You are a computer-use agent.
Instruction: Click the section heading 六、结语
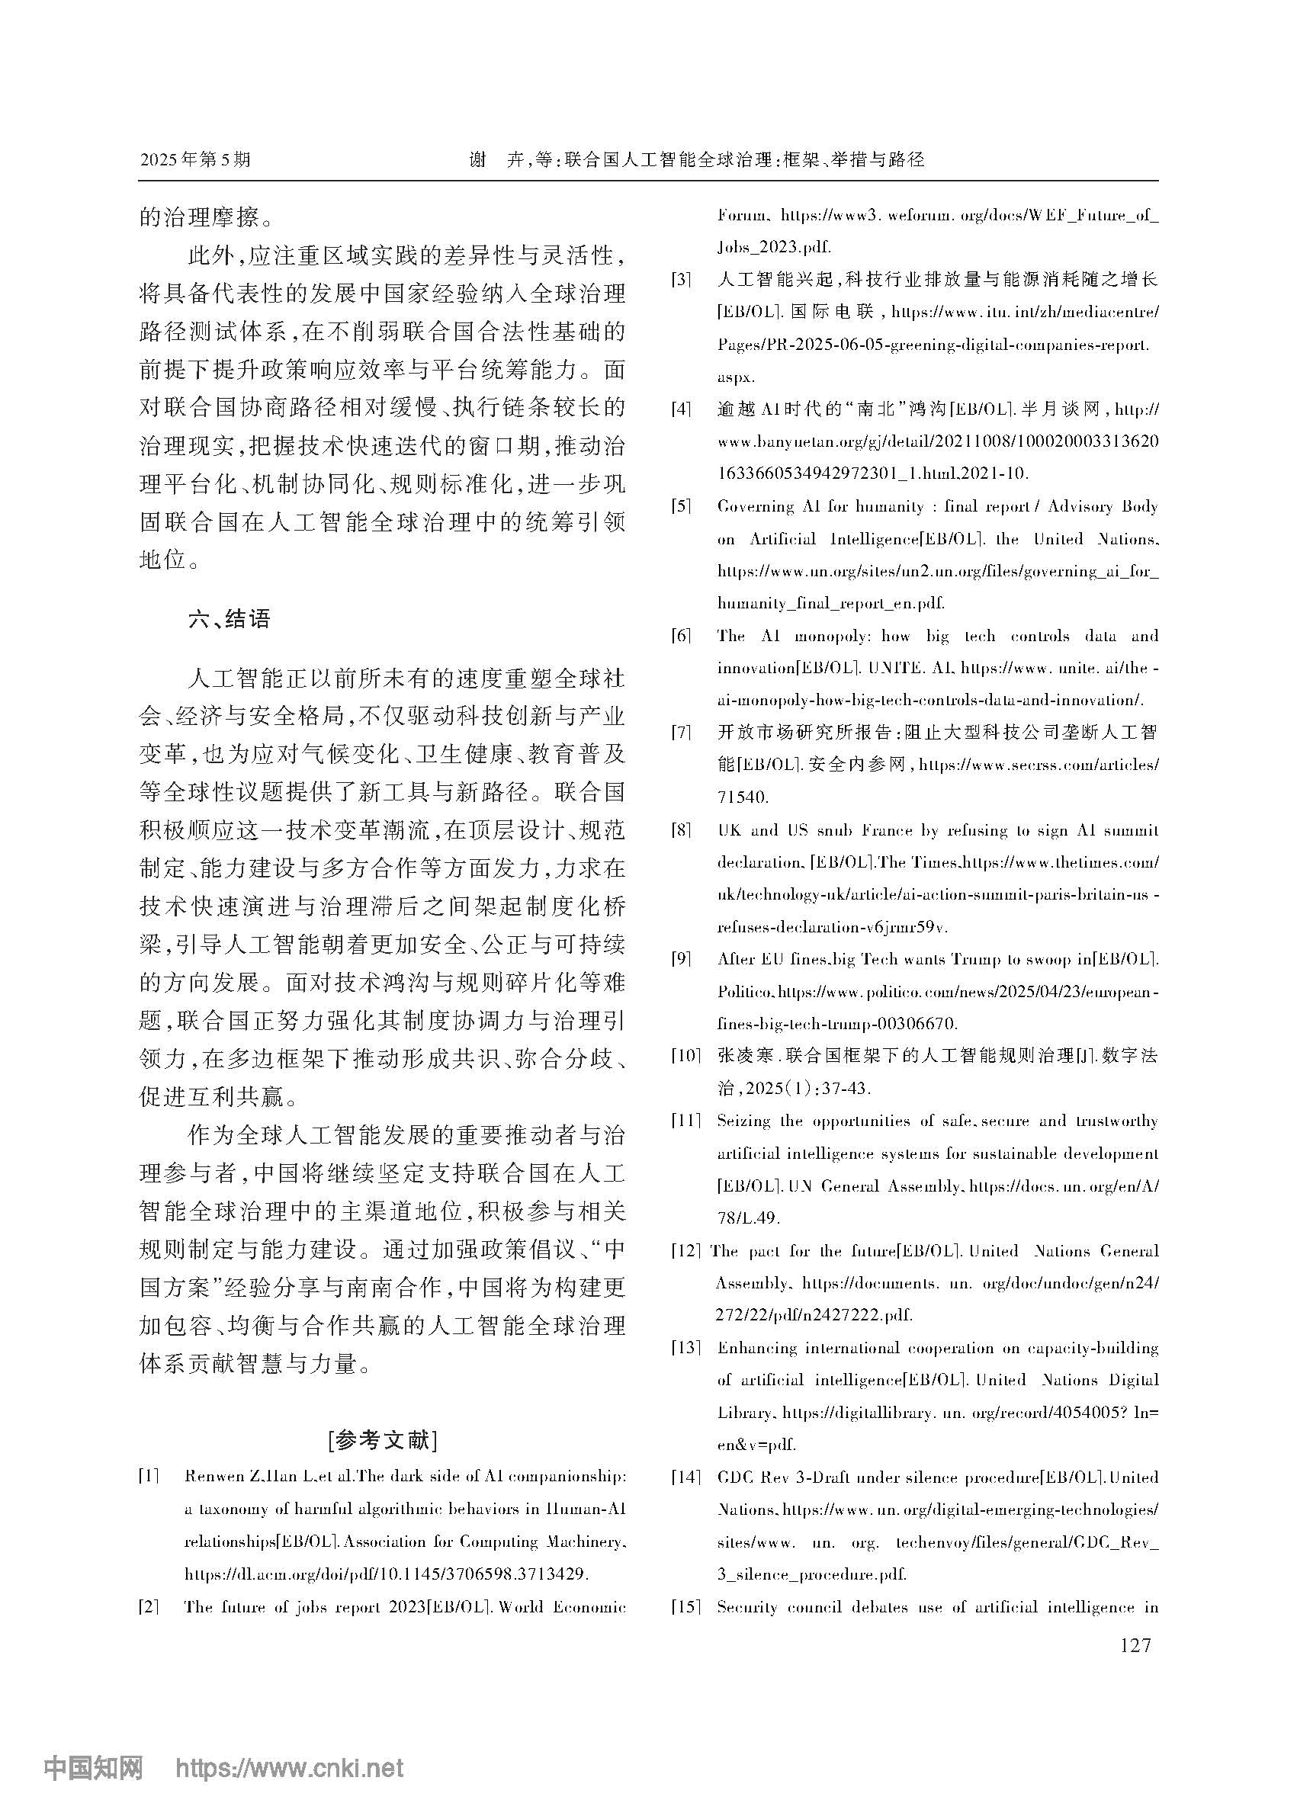230,619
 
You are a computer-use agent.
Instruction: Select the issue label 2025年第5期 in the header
195,159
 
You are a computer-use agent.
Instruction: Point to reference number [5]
681,506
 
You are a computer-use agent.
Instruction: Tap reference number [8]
681,830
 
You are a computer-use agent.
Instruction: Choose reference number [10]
685,1057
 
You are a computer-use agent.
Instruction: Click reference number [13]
685,1348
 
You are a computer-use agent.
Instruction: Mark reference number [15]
685,1607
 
